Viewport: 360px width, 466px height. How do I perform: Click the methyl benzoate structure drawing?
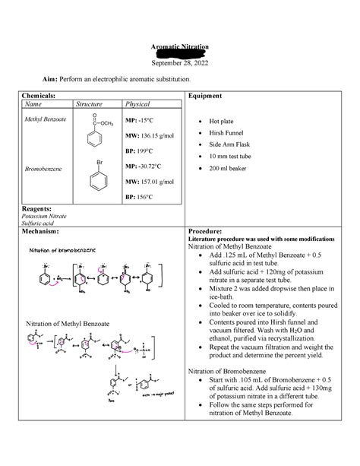point(103,134)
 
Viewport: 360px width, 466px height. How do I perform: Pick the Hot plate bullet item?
point(226,120)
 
